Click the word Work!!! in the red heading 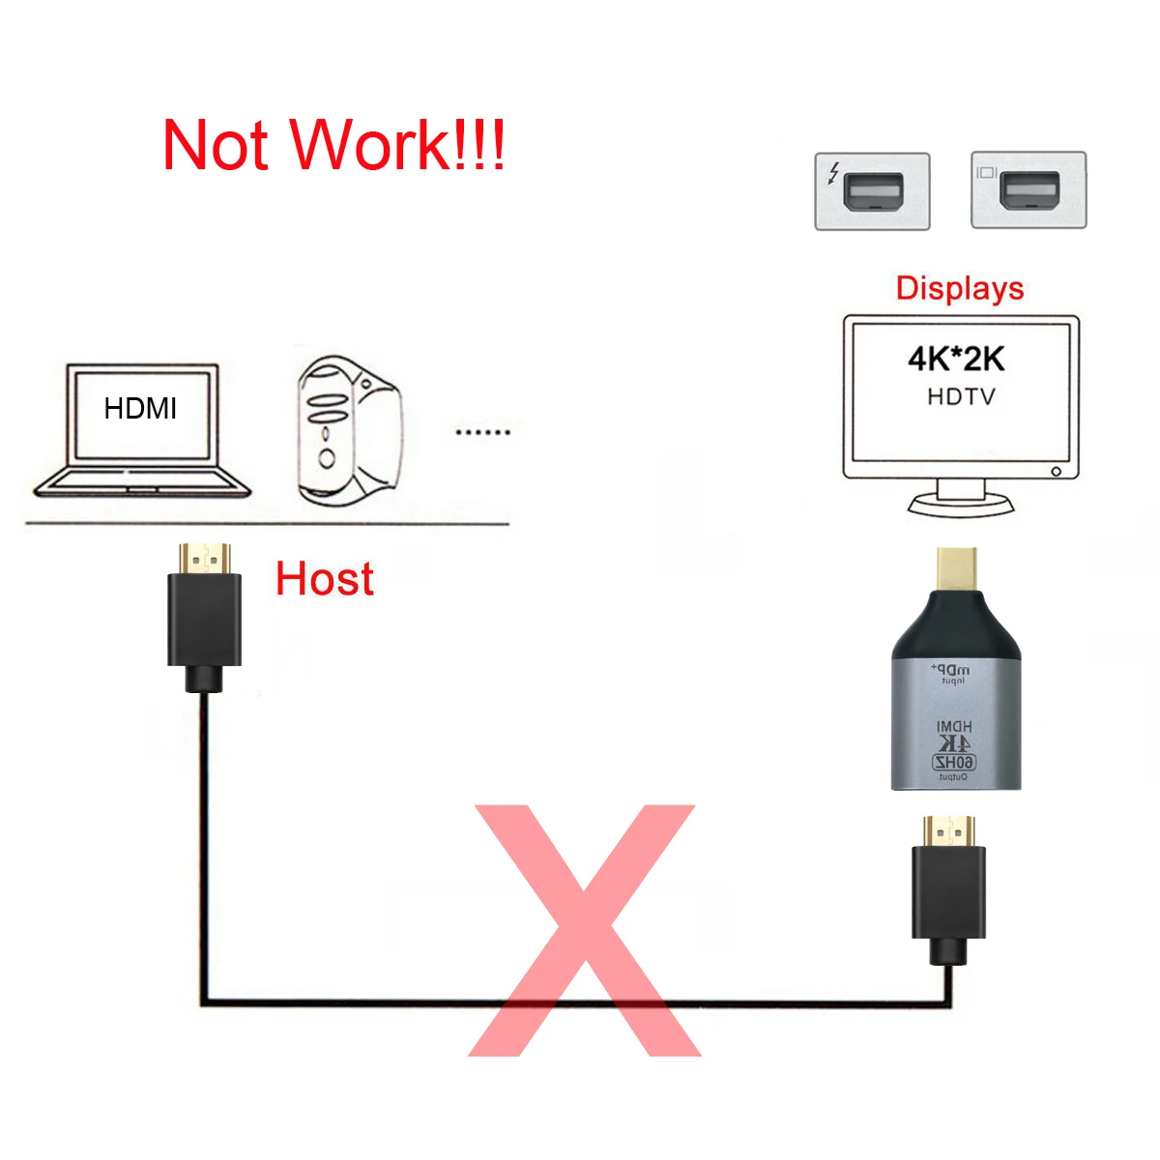click(x=398, y=145)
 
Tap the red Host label click(x=324, y=579)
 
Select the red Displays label click(x=959, y=288)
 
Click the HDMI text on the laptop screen click(x=140, y=409)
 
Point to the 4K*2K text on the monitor click(x=955, y=359)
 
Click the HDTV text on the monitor click(x=960, y=396)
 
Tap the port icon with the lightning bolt click(x=872, y=190)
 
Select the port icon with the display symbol click(x=1029, y=190)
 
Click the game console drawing click(x=346, y=431)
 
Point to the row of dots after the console click(x=482, y=432)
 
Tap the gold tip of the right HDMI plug click(x=948, y=829)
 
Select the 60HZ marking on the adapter click(x=954, y=763)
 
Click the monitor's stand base click(x=961, y=505)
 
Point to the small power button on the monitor click(x=1056, y=472)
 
